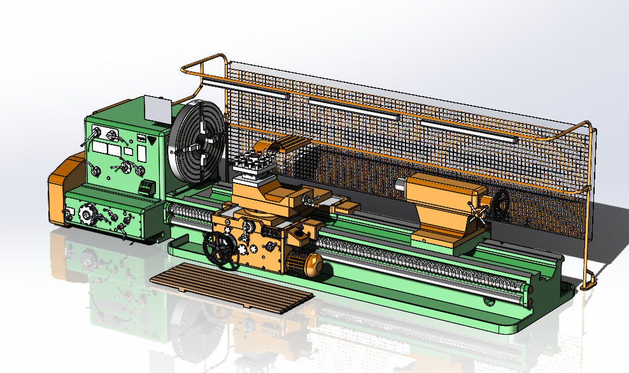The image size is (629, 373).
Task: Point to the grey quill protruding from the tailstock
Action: click(400, 185)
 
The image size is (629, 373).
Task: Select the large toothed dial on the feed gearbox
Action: click(85, 214)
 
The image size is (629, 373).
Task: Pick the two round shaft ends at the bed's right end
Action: click(530, 294)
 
